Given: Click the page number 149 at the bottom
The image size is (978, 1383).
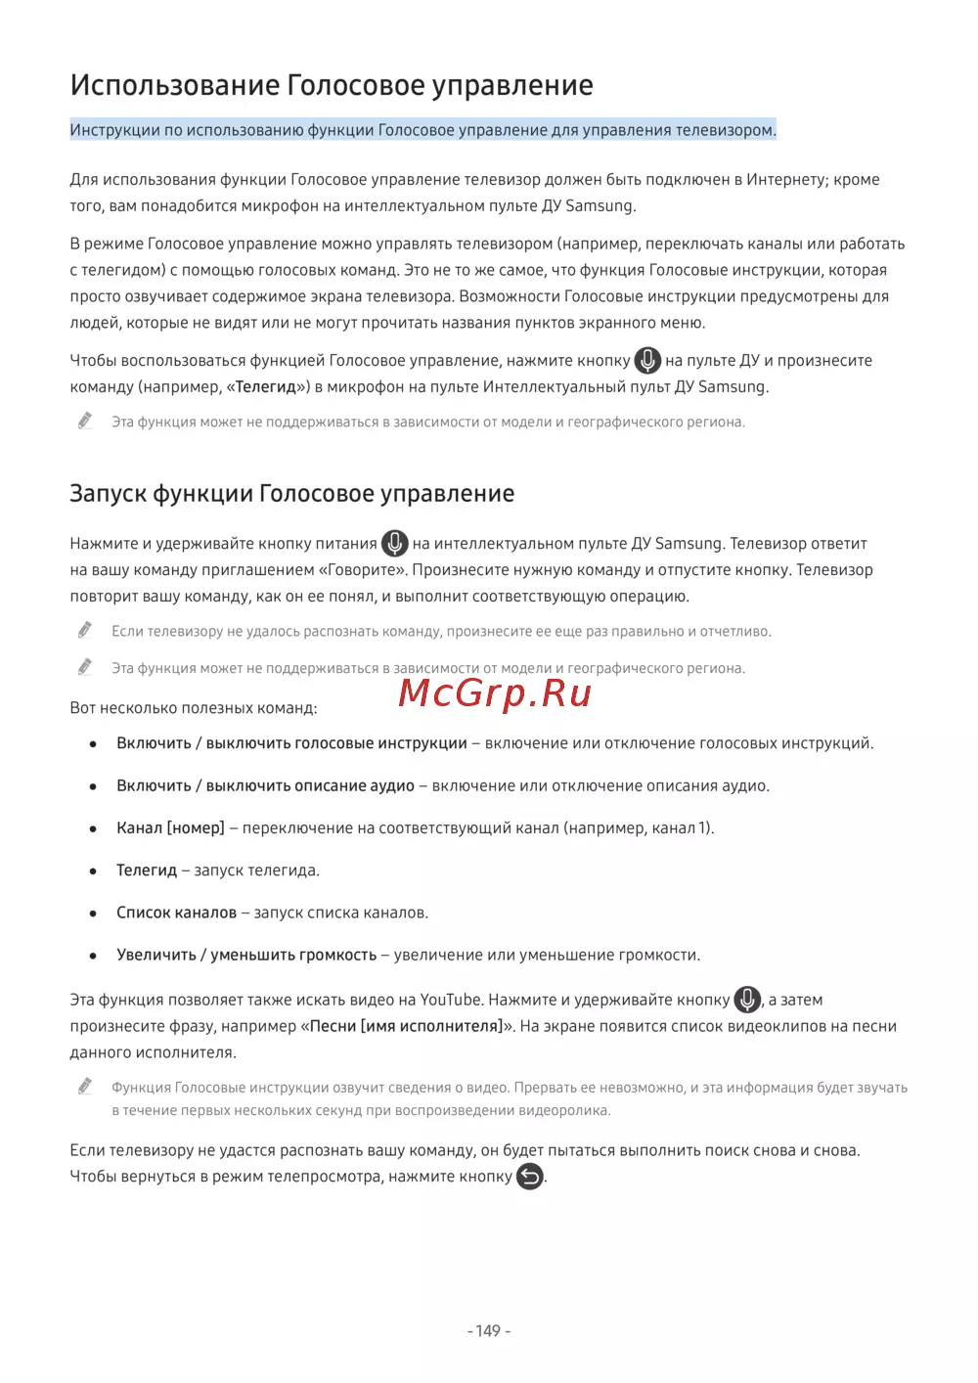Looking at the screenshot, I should point(488,1330).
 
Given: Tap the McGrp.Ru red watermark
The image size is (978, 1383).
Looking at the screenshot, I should point(495,692).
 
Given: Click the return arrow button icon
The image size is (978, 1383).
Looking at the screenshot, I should point(529,1177).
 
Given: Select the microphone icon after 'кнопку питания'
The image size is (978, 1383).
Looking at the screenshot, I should point(394,543).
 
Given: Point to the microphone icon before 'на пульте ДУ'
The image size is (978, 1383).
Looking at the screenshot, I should point(647,360).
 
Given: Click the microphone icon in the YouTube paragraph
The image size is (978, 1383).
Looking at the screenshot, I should point(747,1000).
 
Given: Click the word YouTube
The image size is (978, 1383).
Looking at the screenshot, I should point(451,1000).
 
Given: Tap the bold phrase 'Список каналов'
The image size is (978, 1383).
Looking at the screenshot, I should point(176,913).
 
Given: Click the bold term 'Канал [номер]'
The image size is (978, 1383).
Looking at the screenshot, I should point(170,827).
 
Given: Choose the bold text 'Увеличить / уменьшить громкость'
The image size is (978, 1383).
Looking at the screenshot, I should point(246,955).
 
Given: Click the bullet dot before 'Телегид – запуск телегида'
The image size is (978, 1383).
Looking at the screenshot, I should point(93,870).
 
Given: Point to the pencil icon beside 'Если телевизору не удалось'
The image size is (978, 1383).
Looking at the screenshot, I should point(85,630).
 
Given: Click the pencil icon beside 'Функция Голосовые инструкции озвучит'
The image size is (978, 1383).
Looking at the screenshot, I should point(85,1086).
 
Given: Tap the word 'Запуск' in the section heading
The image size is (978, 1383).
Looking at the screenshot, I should point(108,494).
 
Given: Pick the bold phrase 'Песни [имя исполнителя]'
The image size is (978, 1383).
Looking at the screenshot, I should point(405,1026).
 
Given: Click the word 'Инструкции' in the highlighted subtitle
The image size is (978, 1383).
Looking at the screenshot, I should point(114,130).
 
